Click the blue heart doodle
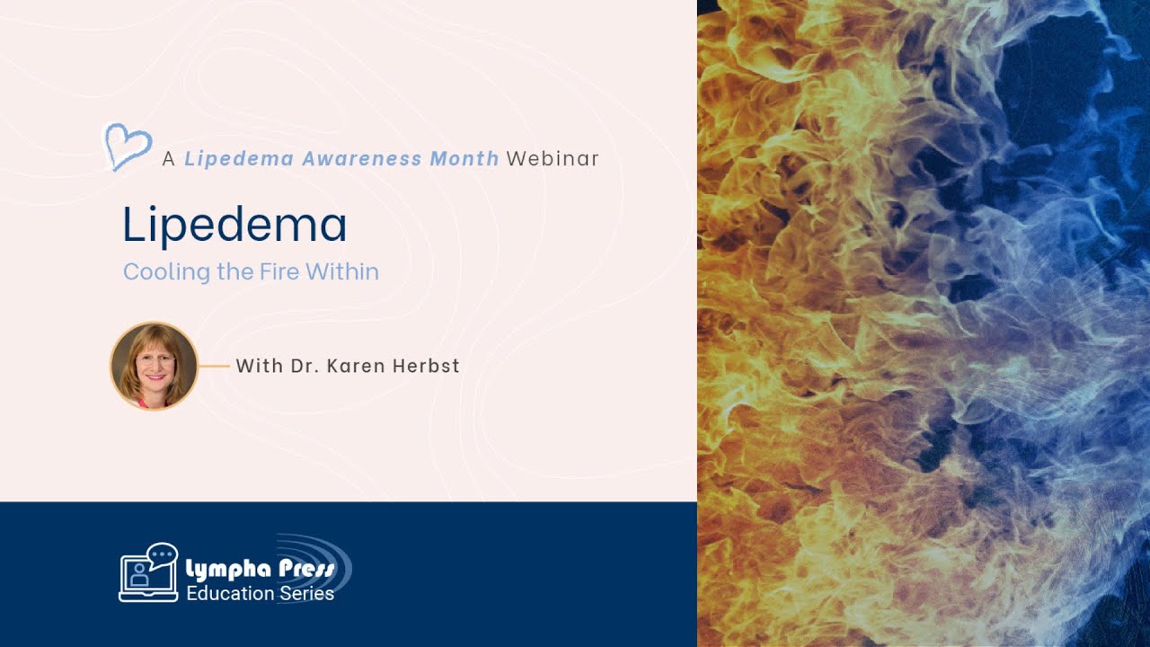[x=128, y=146]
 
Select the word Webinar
[x=553, y=159]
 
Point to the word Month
[x=464, y=159]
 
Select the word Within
[x=342, y=271]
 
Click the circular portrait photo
[x=154, y=366]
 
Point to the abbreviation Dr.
[x=302, y=366]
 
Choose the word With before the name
[x=258, y=366]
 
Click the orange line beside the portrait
[x=214, y=366]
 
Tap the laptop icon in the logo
[x=142, y=578]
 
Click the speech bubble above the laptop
[x=163, y=556]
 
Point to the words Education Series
[x=260, y=593]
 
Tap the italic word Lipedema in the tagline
[x=238, y=159]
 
